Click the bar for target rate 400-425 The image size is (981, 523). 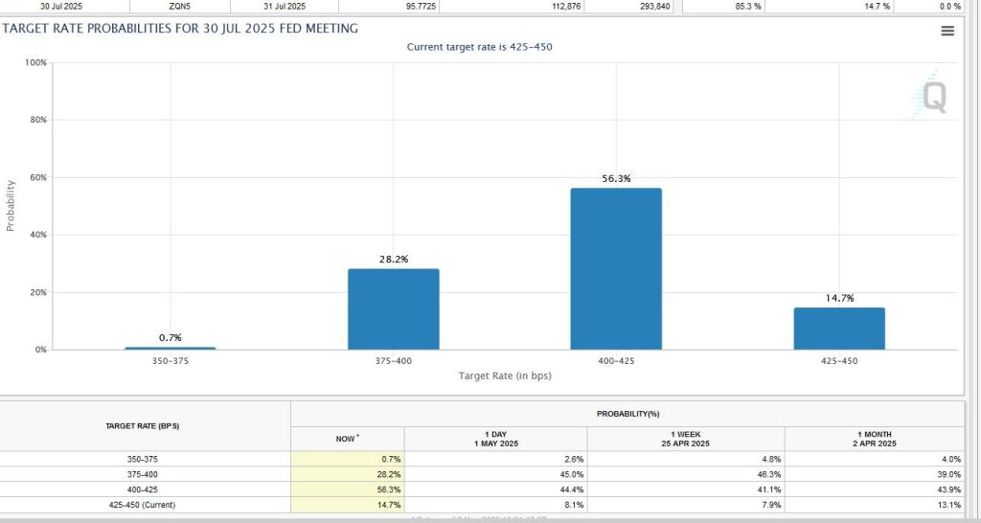tap(616, 268)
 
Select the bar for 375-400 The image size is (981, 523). tap(393, 308)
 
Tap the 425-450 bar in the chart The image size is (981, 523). tap(839, 329)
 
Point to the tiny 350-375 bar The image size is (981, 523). tap(171, 348)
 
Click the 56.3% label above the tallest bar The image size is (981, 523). tap(616, 178)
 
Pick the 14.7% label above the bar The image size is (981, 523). tap(839, 299)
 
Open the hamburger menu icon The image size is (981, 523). tap(947, 31)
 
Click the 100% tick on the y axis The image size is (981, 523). tap(36, 62)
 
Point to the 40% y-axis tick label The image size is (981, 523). tap(38, 235)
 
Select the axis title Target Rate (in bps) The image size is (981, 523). tap(505, 375)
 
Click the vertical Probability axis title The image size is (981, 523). tap(11, 206)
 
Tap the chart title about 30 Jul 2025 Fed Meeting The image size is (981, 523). tap(180, 28)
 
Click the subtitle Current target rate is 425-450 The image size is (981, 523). tap(480, 47)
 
